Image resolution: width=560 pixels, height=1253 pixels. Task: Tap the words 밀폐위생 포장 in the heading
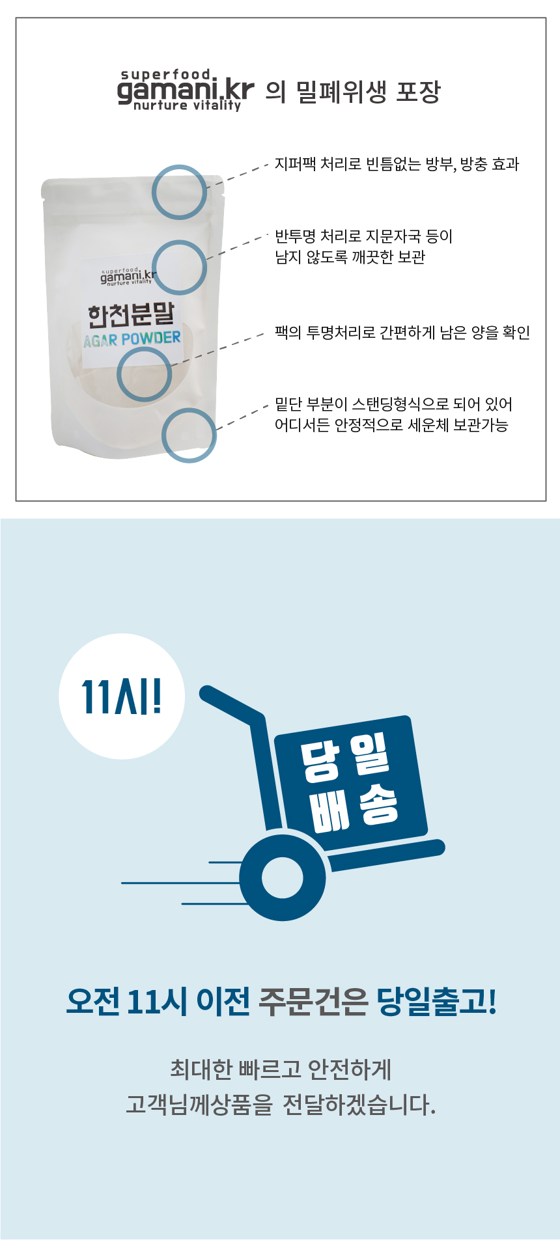click(368, 92)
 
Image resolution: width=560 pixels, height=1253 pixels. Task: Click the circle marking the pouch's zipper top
click(180, 192)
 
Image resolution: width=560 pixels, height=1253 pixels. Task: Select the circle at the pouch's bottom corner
click(189, 435)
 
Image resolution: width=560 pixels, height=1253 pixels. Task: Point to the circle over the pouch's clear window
click(145, 374)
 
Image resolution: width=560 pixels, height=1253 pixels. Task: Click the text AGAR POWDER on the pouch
click(132, 339)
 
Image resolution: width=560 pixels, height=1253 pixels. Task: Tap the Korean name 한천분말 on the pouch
click(132, 314)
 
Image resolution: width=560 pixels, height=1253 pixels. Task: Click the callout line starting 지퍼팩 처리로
click(397, 164)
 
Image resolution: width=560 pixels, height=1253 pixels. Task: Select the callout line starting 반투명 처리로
click(363, 236)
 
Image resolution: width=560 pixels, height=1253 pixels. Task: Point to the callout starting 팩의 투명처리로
click(402, 333)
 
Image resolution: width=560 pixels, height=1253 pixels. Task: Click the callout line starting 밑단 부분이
click(393, 405)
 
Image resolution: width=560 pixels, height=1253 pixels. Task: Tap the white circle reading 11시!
click(122, 696)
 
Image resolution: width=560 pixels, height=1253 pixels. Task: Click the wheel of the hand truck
click(283, 877)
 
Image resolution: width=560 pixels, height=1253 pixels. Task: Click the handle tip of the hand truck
click(208, 694)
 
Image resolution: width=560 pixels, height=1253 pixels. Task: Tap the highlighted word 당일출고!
click(437, 1001)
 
